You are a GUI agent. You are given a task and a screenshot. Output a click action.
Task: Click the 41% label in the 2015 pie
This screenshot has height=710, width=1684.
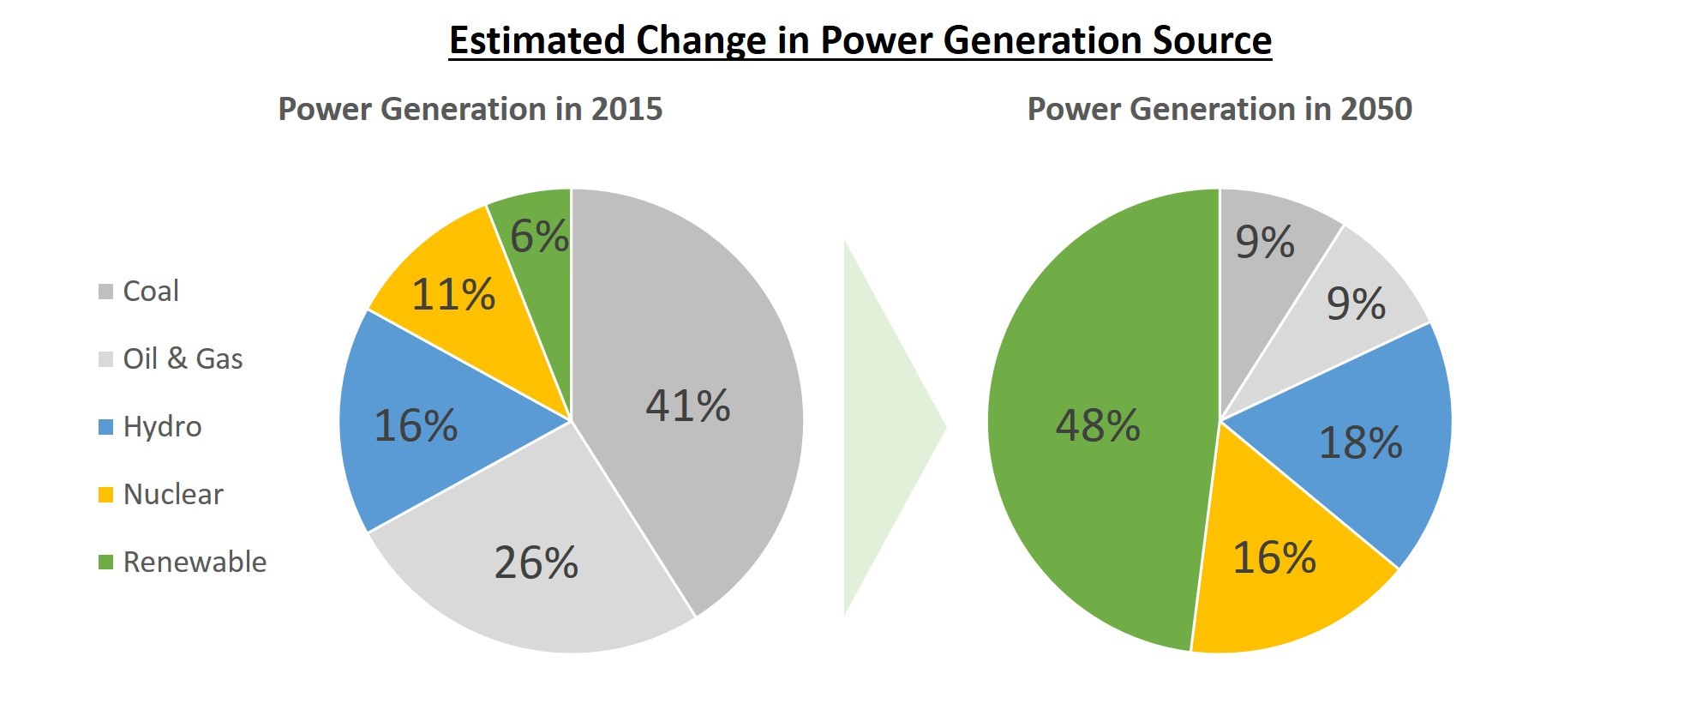[x=688, y=406]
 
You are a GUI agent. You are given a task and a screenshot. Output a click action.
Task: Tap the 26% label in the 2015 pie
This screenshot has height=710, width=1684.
[x=536, y=563]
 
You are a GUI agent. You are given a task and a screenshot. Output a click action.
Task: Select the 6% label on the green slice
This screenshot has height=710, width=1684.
[x=540, y=236]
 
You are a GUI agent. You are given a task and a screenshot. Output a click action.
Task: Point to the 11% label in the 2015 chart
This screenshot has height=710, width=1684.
[x=453, y=294]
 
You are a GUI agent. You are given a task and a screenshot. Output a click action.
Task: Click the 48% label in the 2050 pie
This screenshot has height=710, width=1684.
[x=1098, y=425]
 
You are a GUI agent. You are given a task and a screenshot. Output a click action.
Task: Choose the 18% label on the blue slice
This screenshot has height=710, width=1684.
[x=1360, y=442]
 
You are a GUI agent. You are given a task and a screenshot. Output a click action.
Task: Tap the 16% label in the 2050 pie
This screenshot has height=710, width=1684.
[x=1274, y=557]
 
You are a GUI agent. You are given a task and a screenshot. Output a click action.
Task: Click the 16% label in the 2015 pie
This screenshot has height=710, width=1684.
[x=416, y=425]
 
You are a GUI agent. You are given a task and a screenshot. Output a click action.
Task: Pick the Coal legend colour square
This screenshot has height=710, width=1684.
[x=106, y=292]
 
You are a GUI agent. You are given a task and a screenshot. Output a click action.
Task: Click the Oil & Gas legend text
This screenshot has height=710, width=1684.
[x=183, y=358]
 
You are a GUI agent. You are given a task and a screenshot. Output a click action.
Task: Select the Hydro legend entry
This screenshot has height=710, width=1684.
[x=150, y=426]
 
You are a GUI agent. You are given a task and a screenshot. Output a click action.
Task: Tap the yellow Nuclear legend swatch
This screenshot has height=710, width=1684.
[x=106, y=495]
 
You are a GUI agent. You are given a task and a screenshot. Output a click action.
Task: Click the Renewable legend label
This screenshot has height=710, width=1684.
[x=195, y=562]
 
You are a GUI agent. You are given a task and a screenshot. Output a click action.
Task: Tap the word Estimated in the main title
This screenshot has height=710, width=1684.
[x=537, y=40]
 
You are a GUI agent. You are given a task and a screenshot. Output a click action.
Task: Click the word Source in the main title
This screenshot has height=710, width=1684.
[x=1212, y=40]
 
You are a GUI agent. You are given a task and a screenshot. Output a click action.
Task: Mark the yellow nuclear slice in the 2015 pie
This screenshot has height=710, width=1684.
[x=463, y=300]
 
